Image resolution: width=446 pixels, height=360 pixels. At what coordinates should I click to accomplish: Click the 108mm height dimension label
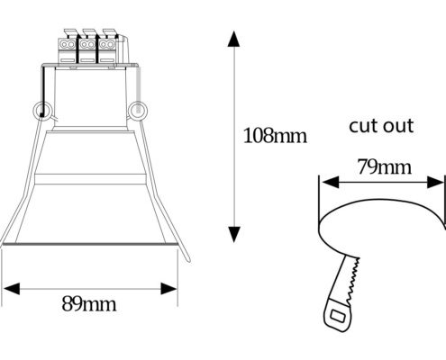(275, 136)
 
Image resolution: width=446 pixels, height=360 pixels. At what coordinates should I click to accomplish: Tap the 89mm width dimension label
(89, 304)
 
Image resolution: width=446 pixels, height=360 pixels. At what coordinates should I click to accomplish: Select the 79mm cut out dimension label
(385, 166)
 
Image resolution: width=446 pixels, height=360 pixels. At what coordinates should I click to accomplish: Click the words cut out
(381, 126)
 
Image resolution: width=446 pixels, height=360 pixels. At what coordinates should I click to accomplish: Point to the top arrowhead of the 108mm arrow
(233, 39)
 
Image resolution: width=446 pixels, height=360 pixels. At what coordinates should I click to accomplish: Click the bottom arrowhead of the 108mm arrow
(233, 234)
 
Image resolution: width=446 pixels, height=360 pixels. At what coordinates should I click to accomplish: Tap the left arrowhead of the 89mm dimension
(12, 289)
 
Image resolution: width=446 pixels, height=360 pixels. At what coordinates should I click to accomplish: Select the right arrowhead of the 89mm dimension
(168, 289)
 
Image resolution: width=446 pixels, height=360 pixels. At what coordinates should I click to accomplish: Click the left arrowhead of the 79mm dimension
(330, 182)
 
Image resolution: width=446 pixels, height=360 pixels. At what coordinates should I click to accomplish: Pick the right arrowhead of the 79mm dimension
(435, 182)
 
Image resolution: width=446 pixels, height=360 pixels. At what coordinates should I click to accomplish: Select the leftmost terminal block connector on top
(68, 47)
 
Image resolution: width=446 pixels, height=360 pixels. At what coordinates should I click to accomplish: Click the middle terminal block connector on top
(87, 47)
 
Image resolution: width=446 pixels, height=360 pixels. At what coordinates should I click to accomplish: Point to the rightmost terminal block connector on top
(107, 47)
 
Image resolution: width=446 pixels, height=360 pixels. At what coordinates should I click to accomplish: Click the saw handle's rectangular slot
(338, 316)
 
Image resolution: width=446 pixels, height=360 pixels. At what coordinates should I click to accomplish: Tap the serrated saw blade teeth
(353, 282)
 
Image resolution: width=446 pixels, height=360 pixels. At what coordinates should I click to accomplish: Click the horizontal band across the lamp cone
(90, 179)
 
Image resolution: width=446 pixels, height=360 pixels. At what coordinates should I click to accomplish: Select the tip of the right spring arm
(189, 260)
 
